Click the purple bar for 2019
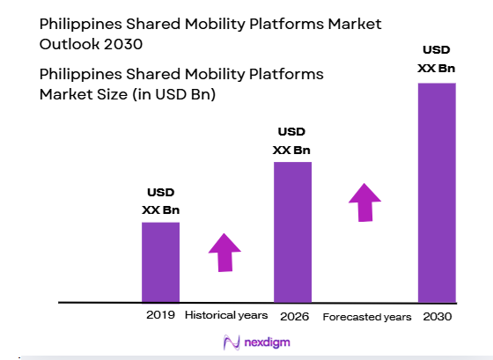160,261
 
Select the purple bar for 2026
292,231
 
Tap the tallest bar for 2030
437,192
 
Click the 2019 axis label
161,315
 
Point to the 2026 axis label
292,315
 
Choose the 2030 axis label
437,315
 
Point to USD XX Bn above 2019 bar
160,202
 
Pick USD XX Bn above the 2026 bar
292,142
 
